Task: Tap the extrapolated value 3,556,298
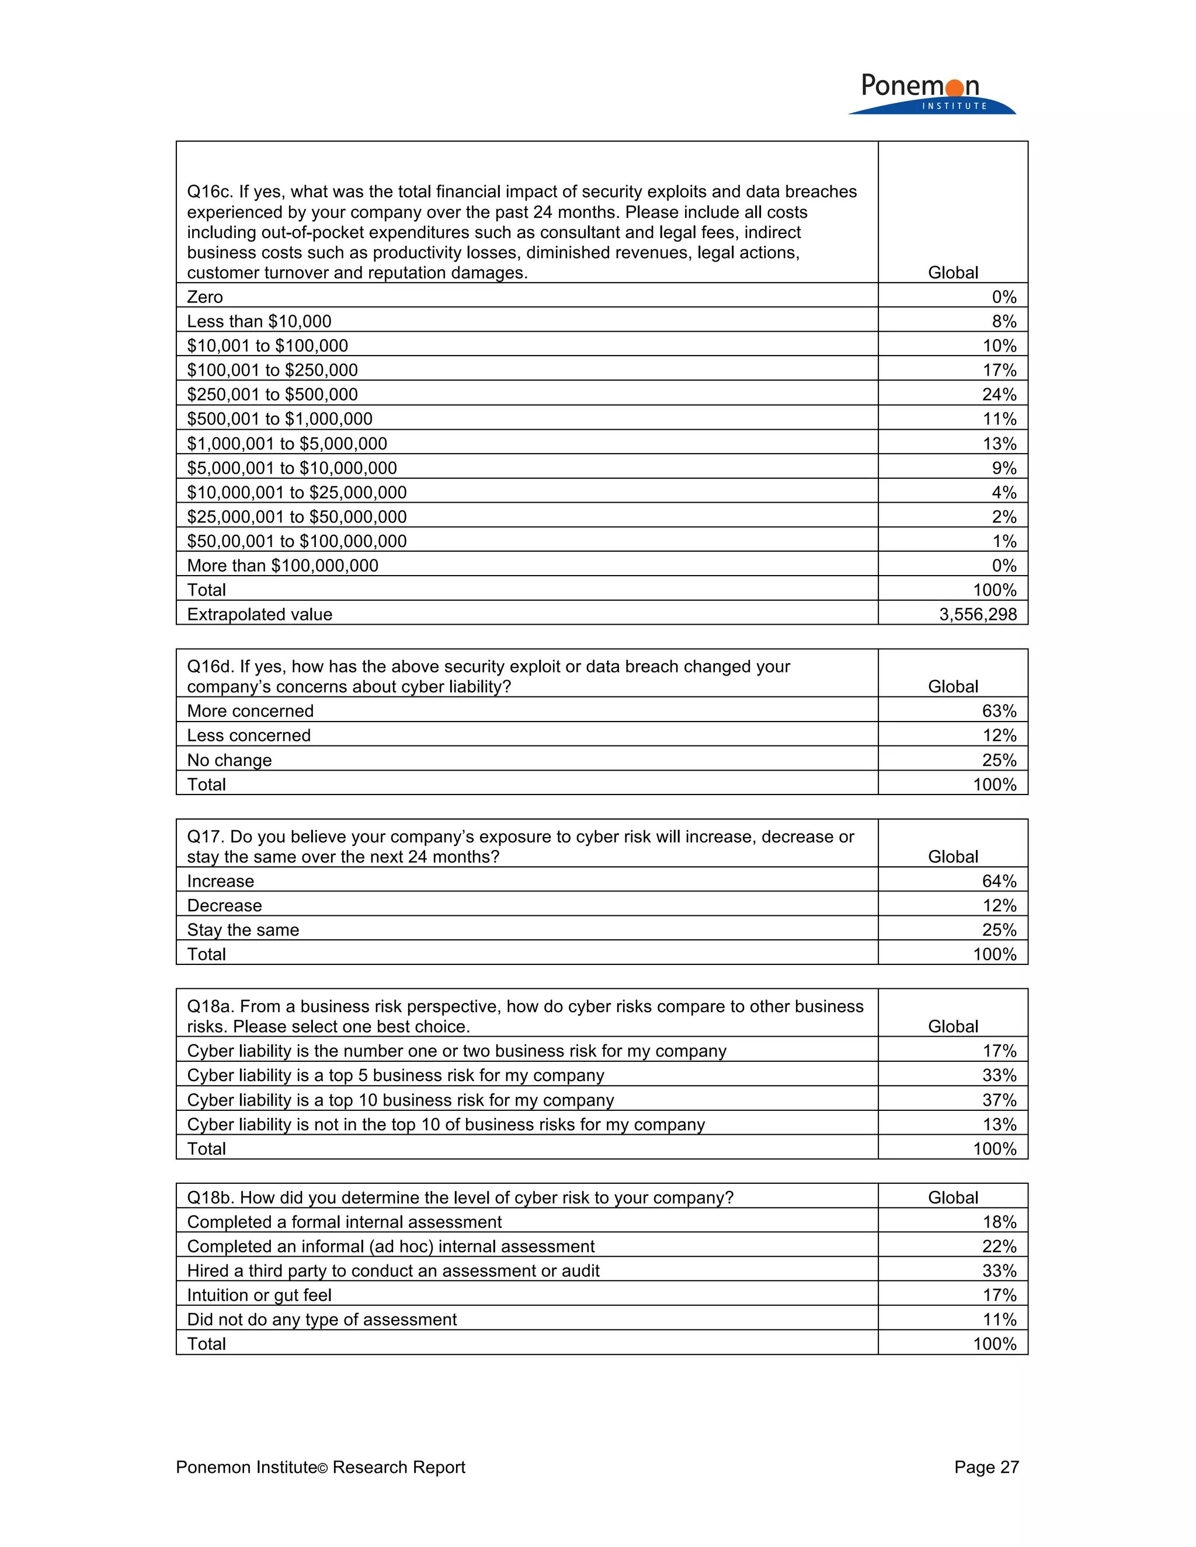tap(978, 614)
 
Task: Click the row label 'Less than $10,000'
tap(259, 322)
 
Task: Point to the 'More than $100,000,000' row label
tap(282, 565)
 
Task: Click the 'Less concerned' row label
tap(249, 735)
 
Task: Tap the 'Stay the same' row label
tap(243, 930)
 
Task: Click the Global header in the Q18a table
tap(952, 1026)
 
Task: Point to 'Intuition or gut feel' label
tap(259, 1295)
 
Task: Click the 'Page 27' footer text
tap(986, 1467)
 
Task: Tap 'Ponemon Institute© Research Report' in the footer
tap(320, 1467)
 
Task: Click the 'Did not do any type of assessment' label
tap(322, 1320)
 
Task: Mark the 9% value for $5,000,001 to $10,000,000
tap(1003, 468)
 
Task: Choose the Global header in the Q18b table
tap(952, 1198)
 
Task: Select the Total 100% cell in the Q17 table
tap(994, 954)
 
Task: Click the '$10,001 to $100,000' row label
tap(267, 346)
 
